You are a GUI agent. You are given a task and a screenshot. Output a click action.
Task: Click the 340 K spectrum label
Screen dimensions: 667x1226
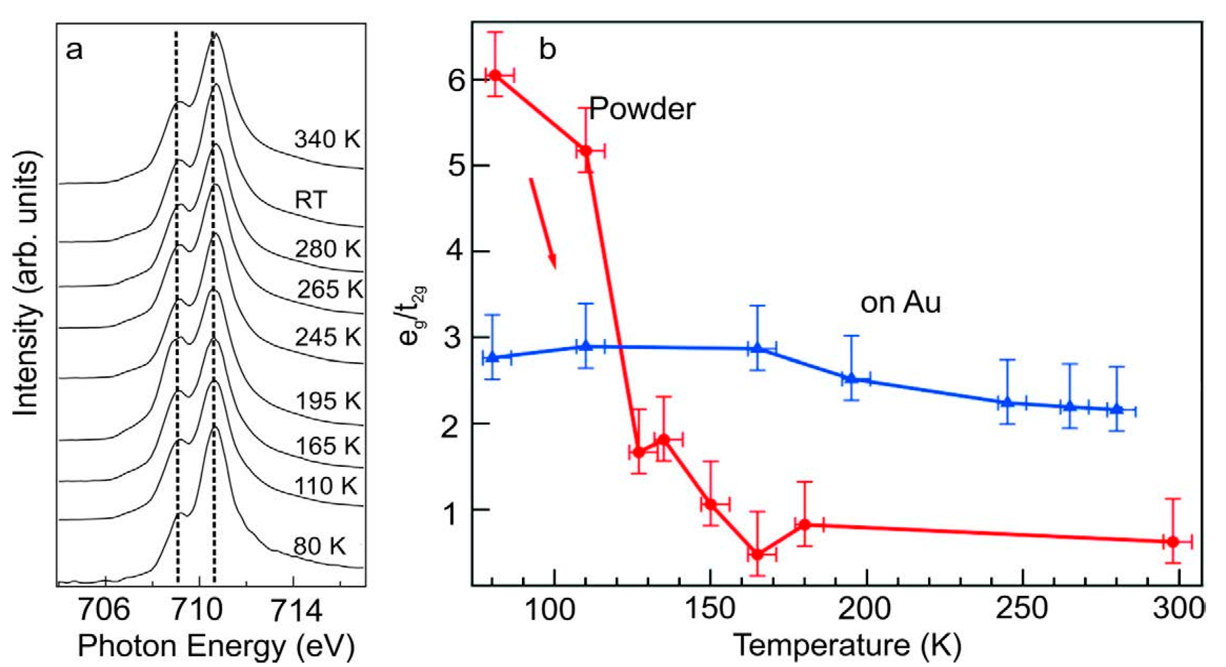[x=327, y=139]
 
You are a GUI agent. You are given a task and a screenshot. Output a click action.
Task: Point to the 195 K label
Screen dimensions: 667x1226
[x=328, y=401]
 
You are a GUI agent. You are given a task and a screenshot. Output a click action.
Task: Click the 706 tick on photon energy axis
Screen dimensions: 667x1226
[x=104, y=610]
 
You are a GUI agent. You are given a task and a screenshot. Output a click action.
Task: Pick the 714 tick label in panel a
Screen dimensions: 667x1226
[x=295, y=610]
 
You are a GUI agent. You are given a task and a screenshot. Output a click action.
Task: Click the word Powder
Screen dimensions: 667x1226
[x=642, y=109]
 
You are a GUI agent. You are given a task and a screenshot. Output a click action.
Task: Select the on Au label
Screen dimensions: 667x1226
[x=901, y=302]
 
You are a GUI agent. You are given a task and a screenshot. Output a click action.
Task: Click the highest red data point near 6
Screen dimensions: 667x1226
[x=496, y=75]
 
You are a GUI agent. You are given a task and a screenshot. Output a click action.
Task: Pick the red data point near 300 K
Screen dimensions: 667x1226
[x=1173, y=542]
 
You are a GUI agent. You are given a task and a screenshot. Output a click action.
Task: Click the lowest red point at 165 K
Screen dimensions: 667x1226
[x=758, y=555]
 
